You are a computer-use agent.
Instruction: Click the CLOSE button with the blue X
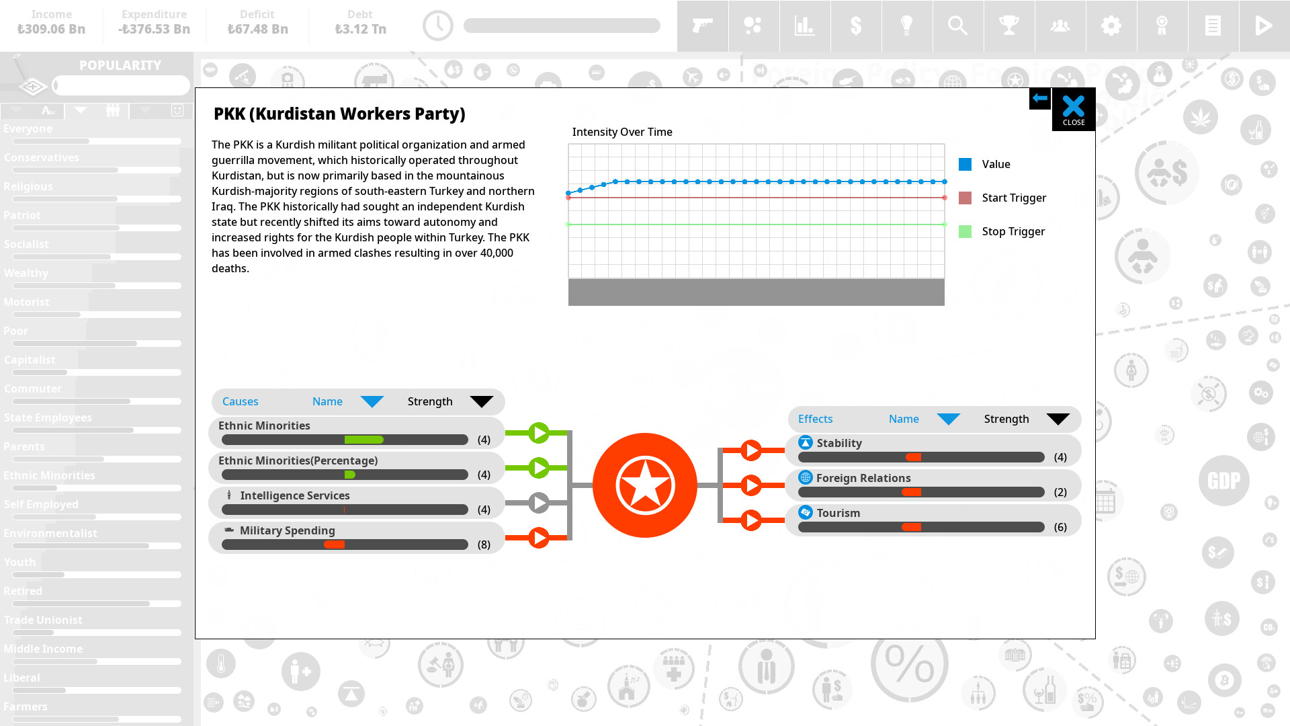click(1073, 109)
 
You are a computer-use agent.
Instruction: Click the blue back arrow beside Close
click(1039, 98)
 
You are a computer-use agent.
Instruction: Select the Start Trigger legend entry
click(1013, 198)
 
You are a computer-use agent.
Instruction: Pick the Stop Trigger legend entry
click(1013, 231)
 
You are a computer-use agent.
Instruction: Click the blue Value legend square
click(965, 164)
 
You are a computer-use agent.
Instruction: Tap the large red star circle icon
click(644, 485)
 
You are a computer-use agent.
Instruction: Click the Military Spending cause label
click(287, 530)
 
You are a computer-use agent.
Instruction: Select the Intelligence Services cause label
click(294, 495)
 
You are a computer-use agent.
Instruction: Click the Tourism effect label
click(838, 513)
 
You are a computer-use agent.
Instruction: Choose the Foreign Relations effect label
click(863, 478)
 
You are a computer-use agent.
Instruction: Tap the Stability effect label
click(838, 443)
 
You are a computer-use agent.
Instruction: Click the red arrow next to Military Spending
click(538, 538)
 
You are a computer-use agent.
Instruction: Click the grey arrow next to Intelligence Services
click(538, 503)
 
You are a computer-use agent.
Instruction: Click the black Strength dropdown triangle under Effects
click(1058, 419)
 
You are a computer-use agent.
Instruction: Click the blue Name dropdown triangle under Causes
click(372, 402)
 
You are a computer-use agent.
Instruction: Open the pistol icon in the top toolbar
click(702, 26)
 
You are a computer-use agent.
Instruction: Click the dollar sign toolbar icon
click(855, 26)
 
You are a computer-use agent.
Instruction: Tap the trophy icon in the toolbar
click(1008, 26)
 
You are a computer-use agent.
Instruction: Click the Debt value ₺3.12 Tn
click(360, 29)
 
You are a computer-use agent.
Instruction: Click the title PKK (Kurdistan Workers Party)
click(339, 114)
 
